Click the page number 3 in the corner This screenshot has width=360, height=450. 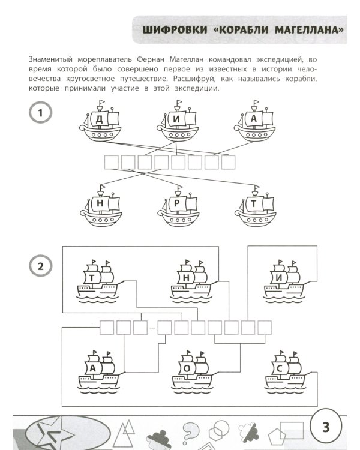(326, 427)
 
